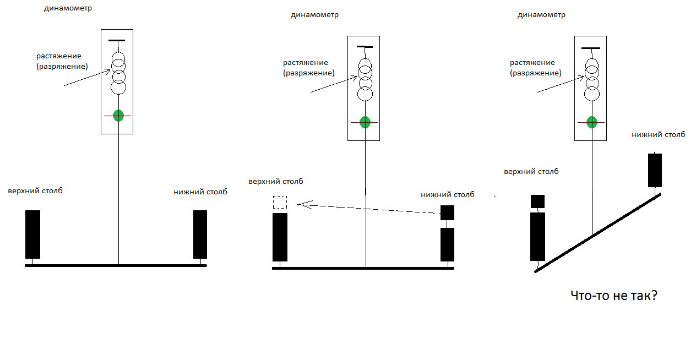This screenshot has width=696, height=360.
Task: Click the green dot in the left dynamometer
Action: coord(118,116)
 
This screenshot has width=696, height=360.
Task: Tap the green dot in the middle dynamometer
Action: coord(365,122)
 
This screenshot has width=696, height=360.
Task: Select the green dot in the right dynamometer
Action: coord(592,122)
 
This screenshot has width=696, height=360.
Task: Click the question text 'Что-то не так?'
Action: coord(614,296)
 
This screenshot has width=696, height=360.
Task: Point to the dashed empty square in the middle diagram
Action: coord(280,202)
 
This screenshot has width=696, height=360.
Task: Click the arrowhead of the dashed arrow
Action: coord(301,205)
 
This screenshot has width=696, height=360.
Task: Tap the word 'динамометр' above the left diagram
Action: coord(68,9)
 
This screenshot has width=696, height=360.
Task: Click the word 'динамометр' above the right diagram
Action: coord(541,15)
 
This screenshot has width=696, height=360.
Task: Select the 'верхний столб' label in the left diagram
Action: coord(35,191)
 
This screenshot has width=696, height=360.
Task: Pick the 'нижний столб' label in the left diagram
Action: coord(200,192)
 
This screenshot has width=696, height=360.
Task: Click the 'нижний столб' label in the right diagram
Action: coord(659,134)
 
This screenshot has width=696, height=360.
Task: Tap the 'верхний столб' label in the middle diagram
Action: coord(275,182)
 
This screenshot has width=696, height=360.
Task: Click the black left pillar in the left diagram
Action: coord(33,234)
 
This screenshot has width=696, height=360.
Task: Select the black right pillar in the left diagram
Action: coord(200,234)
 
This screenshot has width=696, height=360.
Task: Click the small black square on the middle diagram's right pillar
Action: coord(447,213)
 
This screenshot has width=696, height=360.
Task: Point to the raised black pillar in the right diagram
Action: coord(655,170)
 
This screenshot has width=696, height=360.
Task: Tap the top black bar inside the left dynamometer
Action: coord(117,41)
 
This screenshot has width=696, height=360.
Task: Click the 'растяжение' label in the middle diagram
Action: coord(306,63)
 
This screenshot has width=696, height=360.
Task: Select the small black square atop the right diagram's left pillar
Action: coord(537,201)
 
